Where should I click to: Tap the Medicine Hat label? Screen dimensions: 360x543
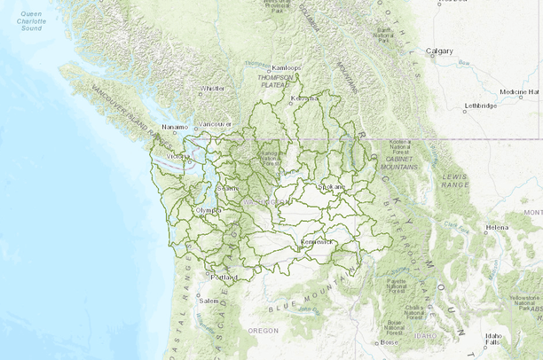point(518,92)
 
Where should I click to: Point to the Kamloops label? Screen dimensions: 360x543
point(287,68)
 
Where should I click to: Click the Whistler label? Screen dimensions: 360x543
point(213,89)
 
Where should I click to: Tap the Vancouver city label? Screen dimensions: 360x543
point(216,124)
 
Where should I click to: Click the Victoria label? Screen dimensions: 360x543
point(179,157)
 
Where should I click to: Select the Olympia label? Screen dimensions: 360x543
point(208,210)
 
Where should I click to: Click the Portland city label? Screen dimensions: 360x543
point(226,278)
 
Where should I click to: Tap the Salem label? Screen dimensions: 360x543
point(210,301)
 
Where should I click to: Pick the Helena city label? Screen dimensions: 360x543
point(497,228)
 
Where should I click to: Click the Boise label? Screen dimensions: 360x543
point(390,341)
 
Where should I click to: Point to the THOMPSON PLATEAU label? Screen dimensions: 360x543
point(274,81)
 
